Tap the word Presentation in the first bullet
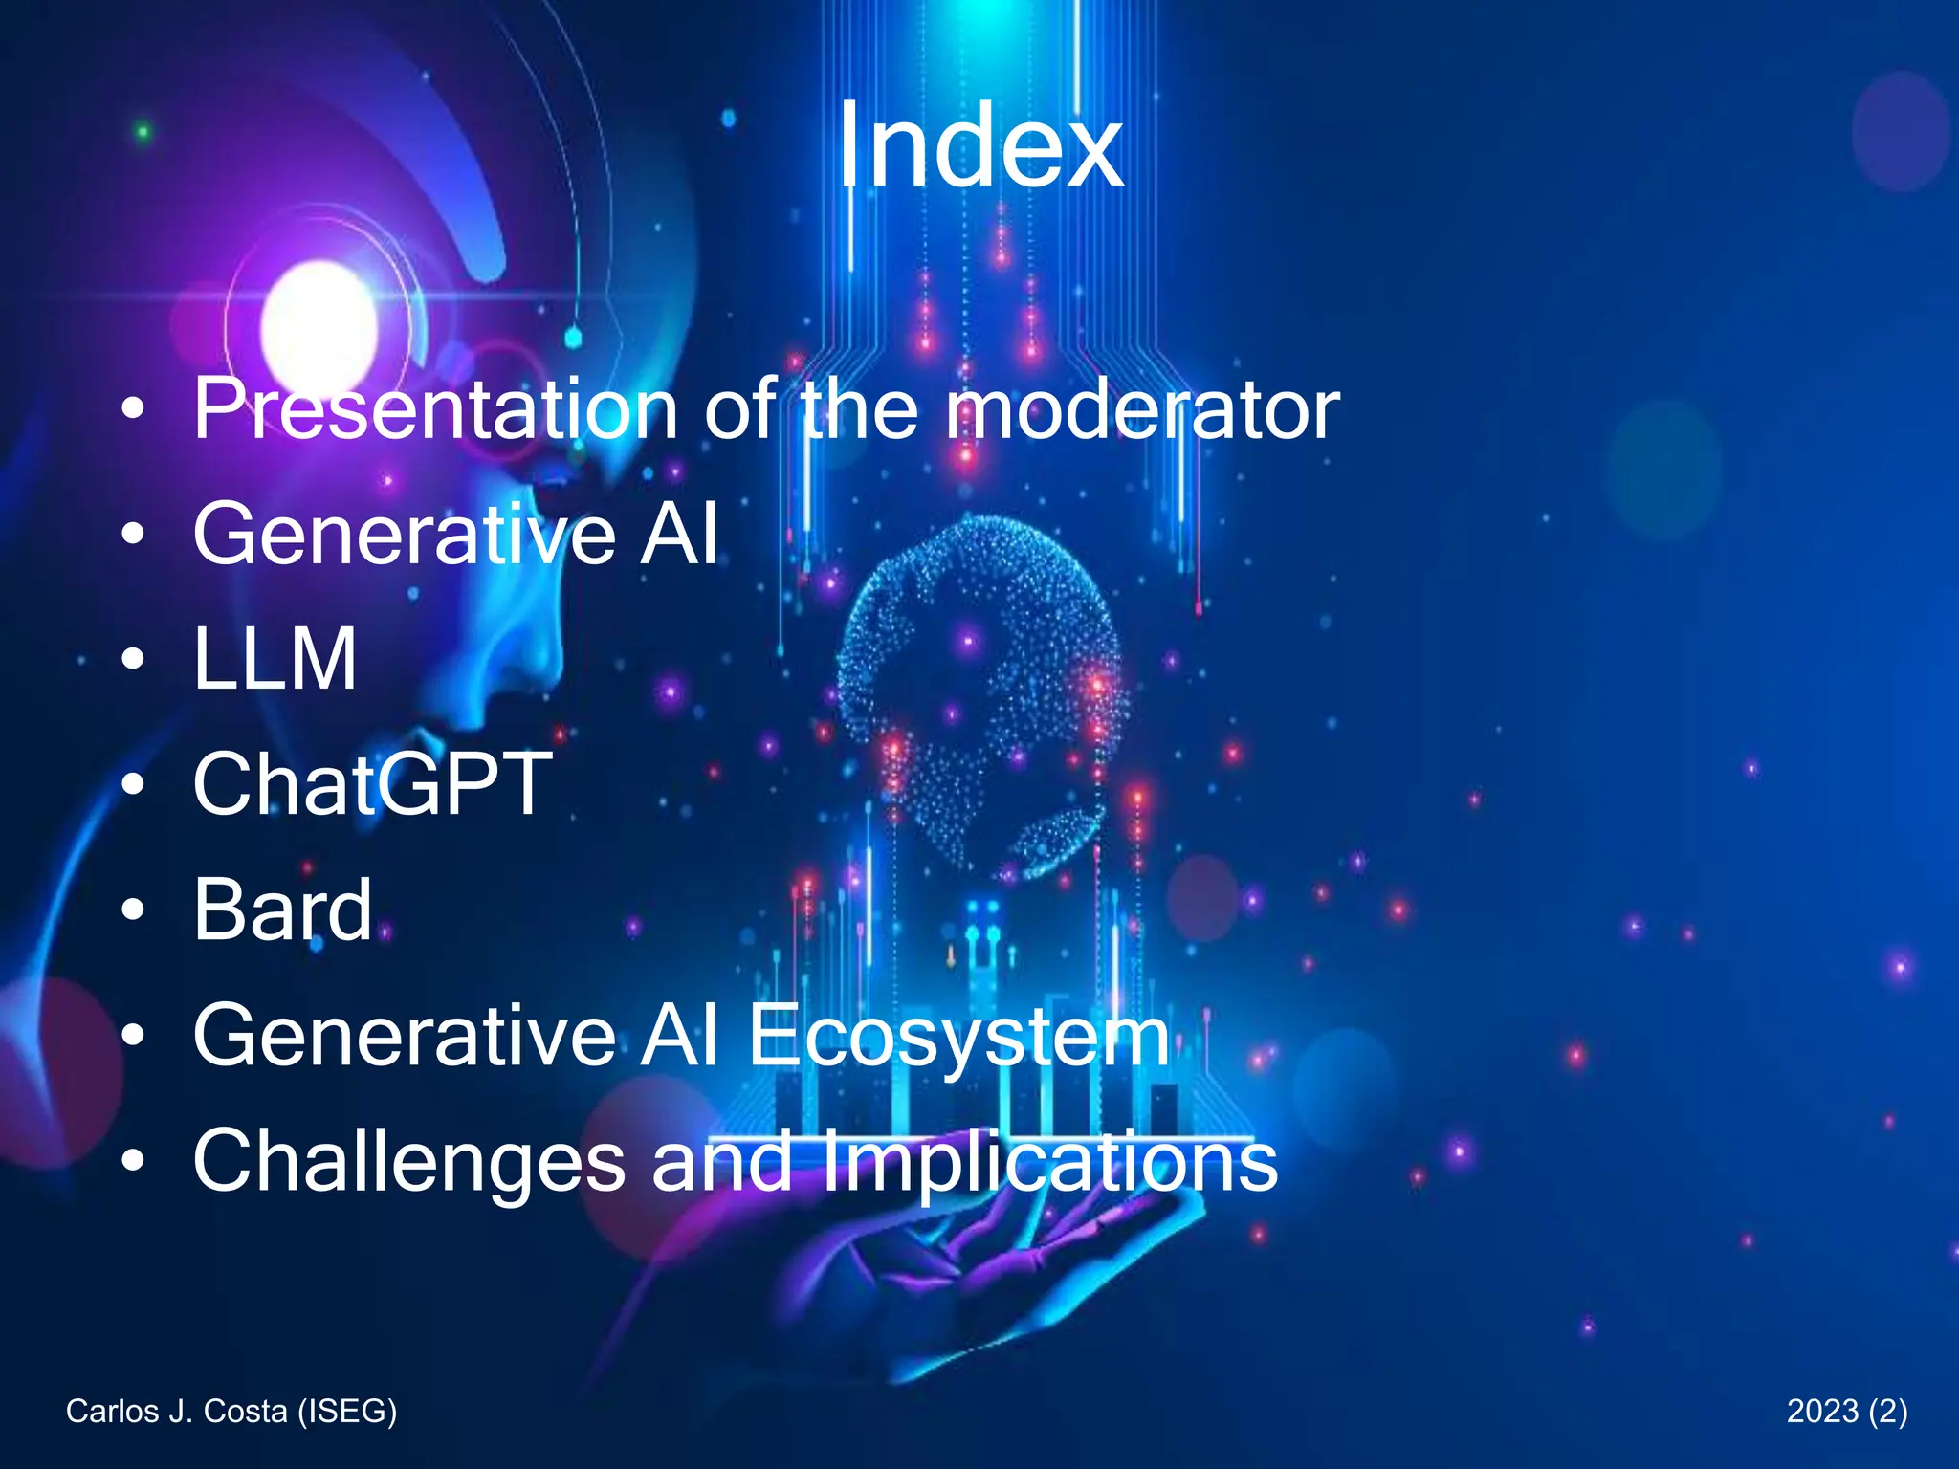pos(436,409)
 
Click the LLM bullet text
pos(275,659)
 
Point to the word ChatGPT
pos(373,784)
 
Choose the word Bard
pos(282,910)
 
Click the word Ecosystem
pos(958,1037)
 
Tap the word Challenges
pos(408,1161)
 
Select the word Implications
pos(1049,1161)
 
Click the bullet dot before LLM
pos(134,659)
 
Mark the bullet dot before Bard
pos(134,910)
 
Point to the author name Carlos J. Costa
pos(177,1411)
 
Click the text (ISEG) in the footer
pos(346,1411)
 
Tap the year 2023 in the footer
pos(1823,1411)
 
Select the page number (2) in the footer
pos(1887,1411)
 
